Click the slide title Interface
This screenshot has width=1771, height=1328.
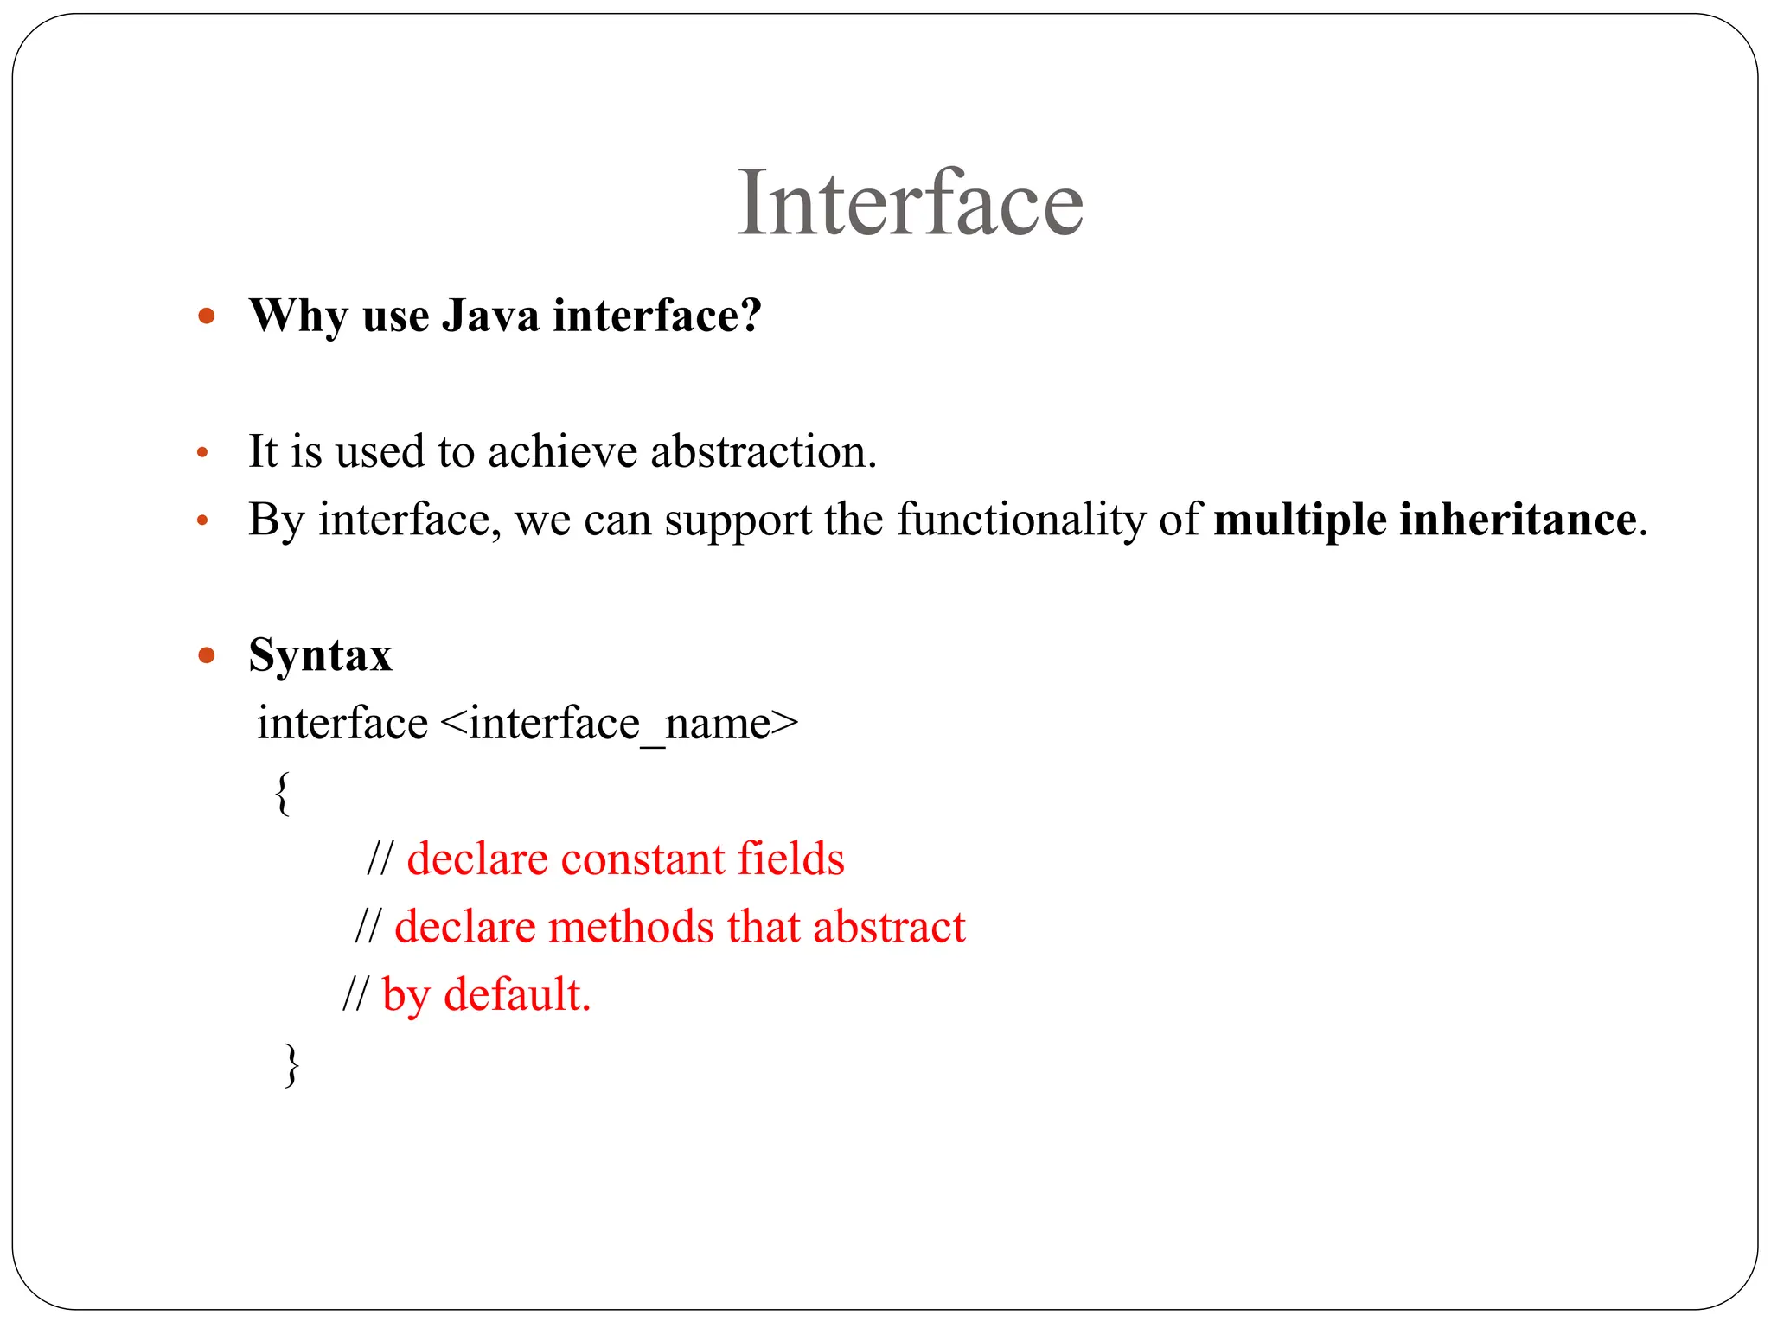click(910, 203)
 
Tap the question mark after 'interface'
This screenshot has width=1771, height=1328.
click(751, 316)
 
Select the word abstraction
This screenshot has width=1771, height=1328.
click(763, 452)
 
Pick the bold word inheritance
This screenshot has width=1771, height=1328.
click(1518, 520)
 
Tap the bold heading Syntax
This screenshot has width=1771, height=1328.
click(320, 655)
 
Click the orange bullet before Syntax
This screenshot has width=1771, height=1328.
click(206, 655)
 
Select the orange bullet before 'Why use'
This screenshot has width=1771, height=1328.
click(206, 316)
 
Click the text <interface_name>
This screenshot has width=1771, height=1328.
click(619, 724)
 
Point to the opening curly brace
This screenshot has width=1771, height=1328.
click(282, 794)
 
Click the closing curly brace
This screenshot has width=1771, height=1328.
click(291, 1065)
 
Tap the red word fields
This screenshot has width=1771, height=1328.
click(790, 859)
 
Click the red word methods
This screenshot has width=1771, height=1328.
click(630, 927)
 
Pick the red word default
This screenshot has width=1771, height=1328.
click(516, 994)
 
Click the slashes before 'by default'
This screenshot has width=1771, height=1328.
click(355, 994)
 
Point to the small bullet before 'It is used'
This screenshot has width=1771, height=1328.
click(202, 453)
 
